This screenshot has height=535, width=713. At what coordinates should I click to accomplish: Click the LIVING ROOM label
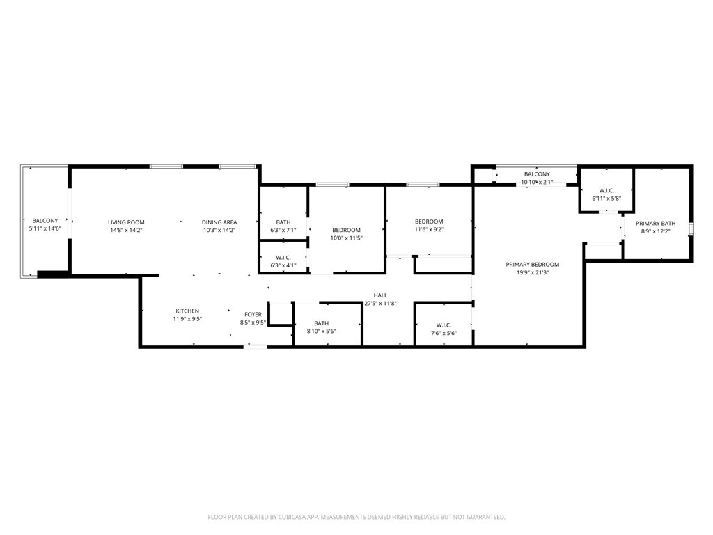126,222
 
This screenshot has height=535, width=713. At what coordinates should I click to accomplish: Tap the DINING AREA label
219,222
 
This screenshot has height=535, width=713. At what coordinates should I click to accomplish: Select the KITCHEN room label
187,311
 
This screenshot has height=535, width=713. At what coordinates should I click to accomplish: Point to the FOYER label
253,315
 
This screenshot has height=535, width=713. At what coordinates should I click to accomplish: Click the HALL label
380,295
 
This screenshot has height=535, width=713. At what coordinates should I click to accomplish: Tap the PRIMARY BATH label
655,223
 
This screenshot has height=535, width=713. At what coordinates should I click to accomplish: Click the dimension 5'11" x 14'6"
45,228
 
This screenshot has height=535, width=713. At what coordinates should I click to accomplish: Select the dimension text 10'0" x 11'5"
346,238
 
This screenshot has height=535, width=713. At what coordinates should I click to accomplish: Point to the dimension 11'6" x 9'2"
429,230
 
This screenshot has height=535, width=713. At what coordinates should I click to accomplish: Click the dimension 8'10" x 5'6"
321,332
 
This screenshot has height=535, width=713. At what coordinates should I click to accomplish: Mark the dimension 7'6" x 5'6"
444,334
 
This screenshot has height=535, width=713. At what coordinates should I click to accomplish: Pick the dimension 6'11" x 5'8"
606,199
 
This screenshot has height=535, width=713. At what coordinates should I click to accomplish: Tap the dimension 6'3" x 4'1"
283,265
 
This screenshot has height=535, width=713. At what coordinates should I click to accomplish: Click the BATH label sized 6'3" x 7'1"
283,222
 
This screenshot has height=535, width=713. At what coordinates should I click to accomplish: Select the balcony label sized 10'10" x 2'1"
537,174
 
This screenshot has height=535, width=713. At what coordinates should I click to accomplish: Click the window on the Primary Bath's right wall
691,229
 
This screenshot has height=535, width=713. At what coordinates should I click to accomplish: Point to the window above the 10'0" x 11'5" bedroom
332,185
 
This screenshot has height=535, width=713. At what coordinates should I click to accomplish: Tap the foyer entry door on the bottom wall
255,346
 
